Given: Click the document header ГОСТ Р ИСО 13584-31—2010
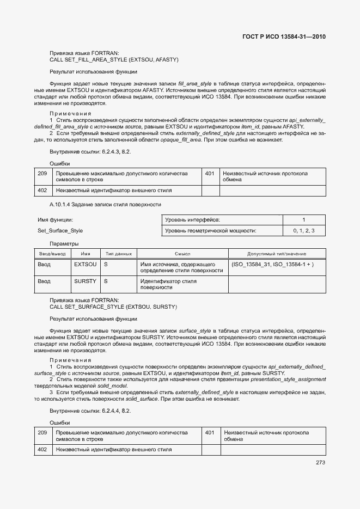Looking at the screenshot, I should coord(284,37).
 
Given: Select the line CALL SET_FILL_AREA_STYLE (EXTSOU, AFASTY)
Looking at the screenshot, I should coord(114,59).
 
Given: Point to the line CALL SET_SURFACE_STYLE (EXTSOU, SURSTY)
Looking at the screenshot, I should coord(113,307).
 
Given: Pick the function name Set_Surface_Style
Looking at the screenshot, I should coord(60,231).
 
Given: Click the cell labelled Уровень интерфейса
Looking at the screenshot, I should coord(192,219).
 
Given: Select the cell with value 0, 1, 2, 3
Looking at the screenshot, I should coord(303,231).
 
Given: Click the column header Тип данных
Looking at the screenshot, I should coord(118,254).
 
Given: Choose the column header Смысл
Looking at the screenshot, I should coord(182,254).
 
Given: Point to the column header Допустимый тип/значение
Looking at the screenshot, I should coord(277,254).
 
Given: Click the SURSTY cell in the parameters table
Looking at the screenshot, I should coord(85,281).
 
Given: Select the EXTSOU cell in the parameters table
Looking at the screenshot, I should coord(85,264).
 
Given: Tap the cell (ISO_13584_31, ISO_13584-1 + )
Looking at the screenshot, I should coord(272,264).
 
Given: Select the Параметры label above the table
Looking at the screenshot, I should coord(64,243).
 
